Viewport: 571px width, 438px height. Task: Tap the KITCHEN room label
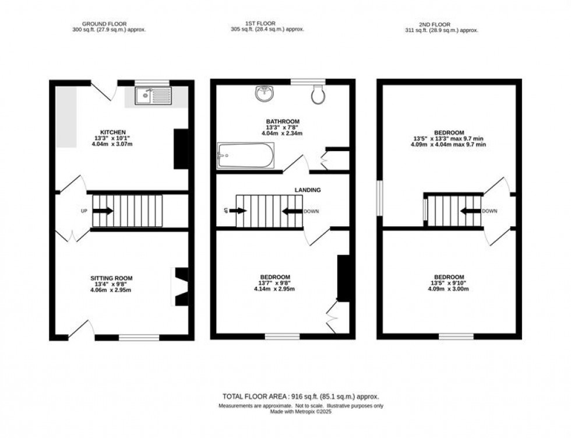tap(113, 132)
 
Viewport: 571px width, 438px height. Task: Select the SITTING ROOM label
tap(112, 278)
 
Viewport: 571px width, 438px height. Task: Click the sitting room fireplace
tap(180, 286)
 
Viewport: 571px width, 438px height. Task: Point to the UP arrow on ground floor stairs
tap(103, 211)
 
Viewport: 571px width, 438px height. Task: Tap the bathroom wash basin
tap(263, 94)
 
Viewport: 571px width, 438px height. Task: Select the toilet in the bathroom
tap(318, 95)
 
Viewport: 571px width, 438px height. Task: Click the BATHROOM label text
tap(278, 122)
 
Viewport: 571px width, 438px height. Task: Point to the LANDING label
tap(308, 190)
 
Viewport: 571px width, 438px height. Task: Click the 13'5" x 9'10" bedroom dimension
tap(449, 284)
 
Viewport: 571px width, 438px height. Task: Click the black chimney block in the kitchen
tap(181, 149)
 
